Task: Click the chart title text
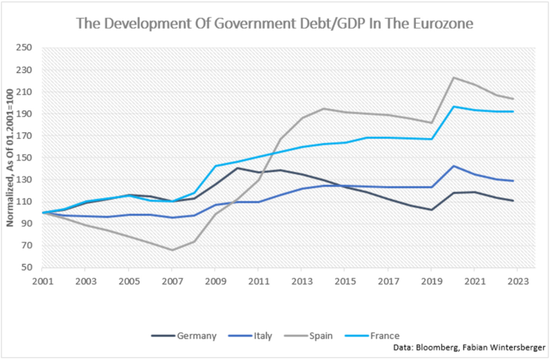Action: tap(274, 24)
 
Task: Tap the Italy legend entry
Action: tap(263, 335)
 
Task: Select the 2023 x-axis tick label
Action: tap(517, 280)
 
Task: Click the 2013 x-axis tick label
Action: tap(301, 280)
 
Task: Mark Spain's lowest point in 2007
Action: tap(172, 250)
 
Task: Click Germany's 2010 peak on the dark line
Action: tap(237, 168)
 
